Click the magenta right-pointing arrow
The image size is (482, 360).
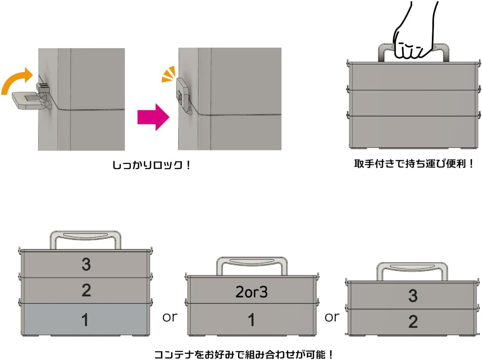click(x=153, y=117)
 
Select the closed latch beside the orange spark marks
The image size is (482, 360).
click(x=183, y=94)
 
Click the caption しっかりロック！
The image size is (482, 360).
click(x=152, y=166)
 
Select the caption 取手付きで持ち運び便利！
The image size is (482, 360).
click(x=414, y=164)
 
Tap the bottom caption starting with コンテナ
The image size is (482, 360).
click(x=244, y=355)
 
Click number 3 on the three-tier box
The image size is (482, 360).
click(x=86, y=265)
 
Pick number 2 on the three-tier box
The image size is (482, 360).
click(x=86, y=290)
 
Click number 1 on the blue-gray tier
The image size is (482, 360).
click(x=85, y=320)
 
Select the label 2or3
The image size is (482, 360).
click(x=251, y=292)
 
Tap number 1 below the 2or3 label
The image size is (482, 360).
click(x=251, y=320)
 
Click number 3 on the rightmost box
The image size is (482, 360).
click(x=413, y=296)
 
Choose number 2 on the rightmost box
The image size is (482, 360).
click(x=413, y=322)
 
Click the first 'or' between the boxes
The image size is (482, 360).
click(x=170, y=317)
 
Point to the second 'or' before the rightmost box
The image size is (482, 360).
click(x=332, y=317)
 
